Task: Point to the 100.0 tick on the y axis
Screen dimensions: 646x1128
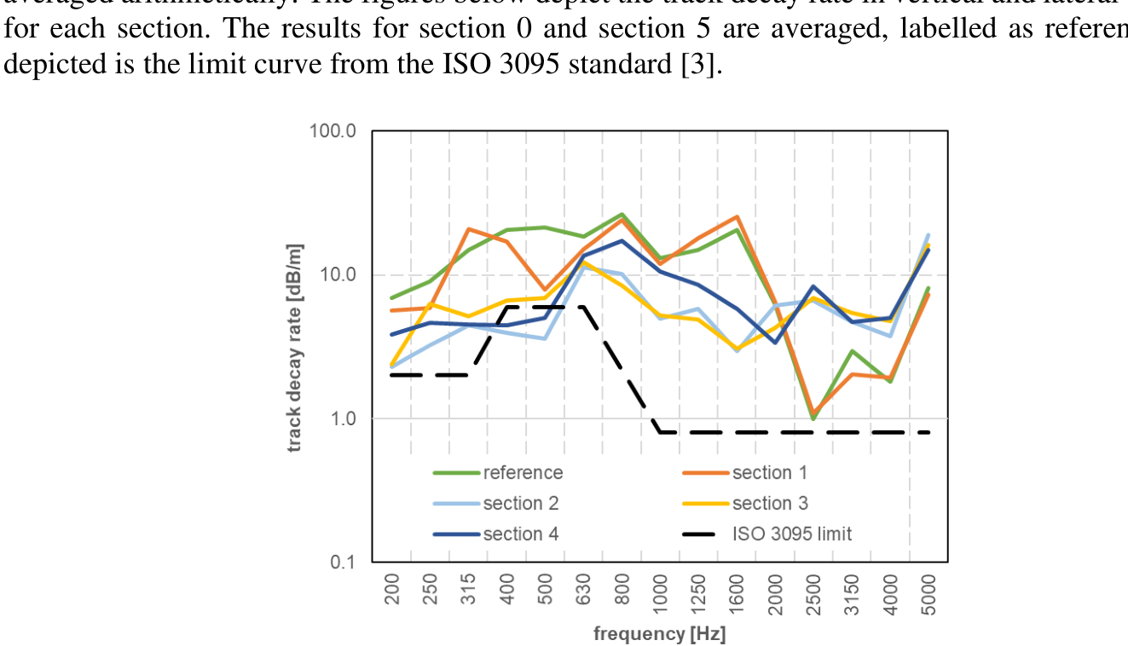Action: tap(337, 131)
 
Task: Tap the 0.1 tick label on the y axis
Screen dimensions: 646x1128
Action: tap(344, 562)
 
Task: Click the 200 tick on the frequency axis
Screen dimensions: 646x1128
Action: tap(392, 589)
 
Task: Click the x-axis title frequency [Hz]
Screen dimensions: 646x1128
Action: tap(660, 634)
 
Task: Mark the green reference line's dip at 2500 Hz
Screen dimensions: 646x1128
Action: tap(813, 418)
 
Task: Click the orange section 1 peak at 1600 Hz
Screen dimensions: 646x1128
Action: tap(737, 216)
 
